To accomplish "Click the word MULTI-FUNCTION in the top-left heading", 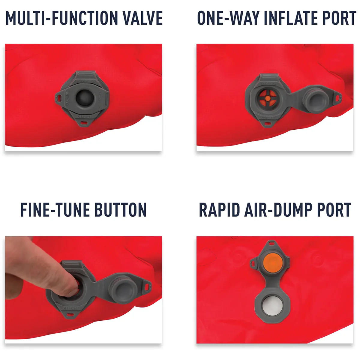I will click(x=62, y=18).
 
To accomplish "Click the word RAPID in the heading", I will click(x=220, y=210).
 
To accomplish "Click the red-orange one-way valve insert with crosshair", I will click(x=268, y=97).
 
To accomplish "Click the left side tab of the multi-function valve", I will click(x=58, y=97).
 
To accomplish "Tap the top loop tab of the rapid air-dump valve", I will click(x=271, y=243).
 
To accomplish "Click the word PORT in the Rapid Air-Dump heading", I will click(x=334, y=210).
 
